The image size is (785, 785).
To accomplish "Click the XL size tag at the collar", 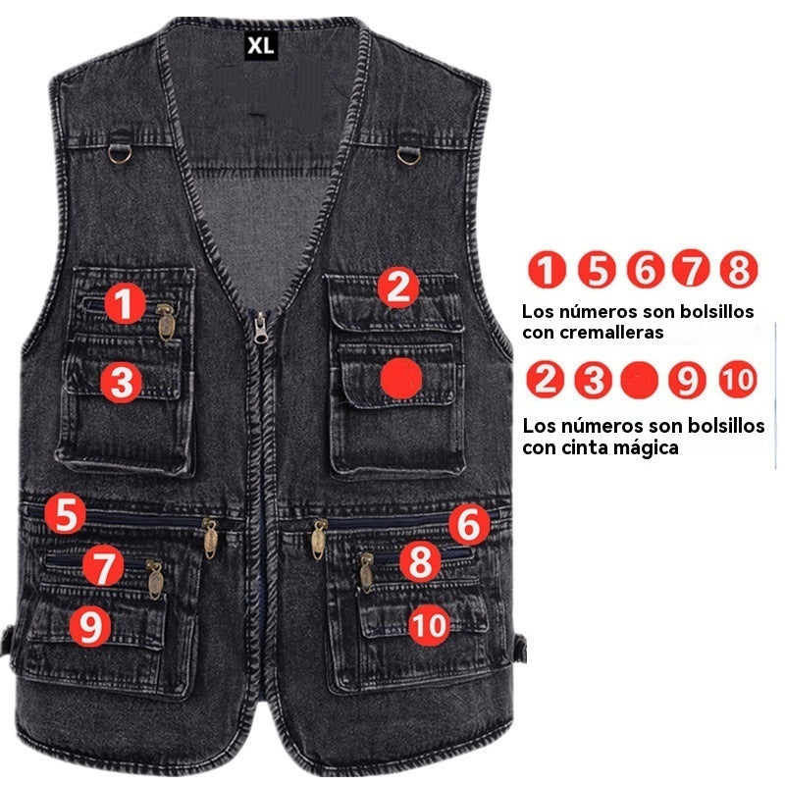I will tap(260, 45).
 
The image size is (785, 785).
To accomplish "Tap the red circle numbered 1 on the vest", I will tap(125, 304).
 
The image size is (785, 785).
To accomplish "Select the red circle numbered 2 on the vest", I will tap(397, 288).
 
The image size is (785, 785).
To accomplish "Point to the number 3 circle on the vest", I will tap(121, 383).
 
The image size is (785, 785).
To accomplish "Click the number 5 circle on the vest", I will tap(66, 513).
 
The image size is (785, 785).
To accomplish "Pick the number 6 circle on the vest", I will tap(469, 527).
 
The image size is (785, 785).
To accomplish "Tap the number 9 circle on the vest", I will tap(90, 626).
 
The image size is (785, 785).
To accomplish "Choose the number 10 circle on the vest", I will tap(429, 624).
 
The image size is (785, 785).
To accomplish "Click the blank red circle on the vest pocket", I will tap(400, 378).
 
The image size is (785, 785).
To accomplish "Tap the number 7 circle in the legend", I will tap(692, 269).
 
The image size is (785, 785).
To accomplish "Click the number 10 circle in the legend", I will tap(737, 379).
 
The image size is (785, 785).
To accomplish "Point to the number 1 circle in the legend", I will tap(547, 269).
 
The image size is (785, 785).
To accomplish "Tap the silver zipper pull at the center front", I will tap(260, 328).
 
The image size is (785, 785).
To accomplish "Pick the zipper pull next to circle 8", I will tap(367, 571).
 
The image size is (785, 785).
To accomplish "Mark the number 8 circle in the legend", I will tap(739, 269).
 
